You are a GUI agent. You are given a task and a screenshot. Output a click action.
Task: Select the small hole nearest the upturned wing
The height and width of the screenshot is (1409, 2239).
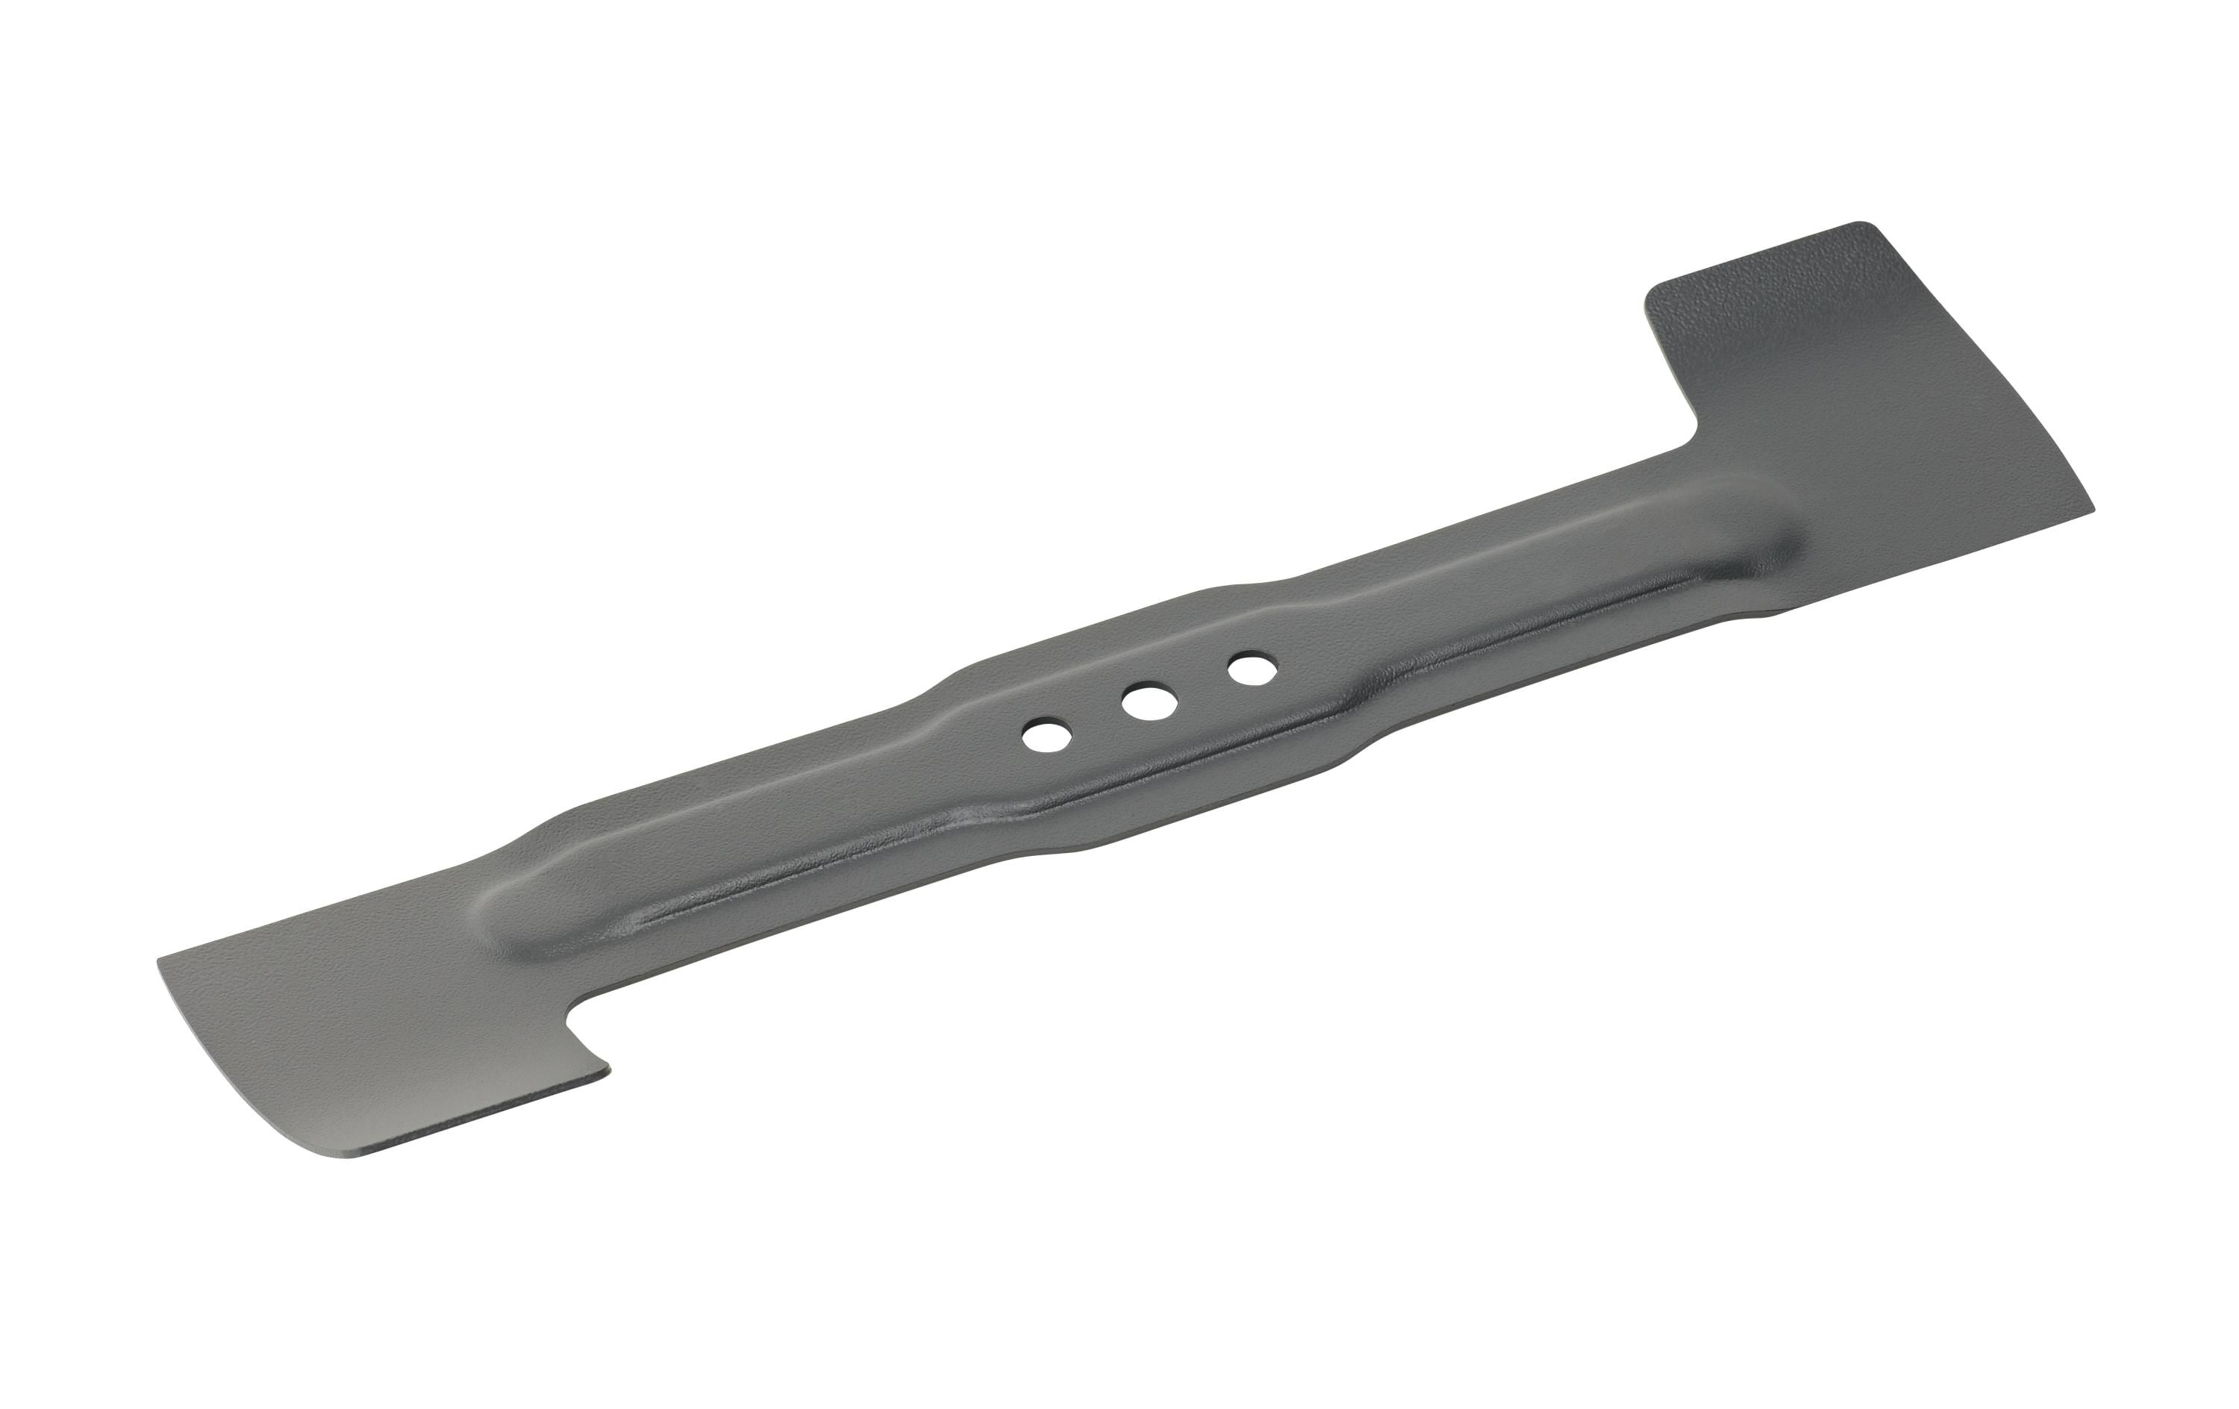pyautogui.click(x=1251, y=668)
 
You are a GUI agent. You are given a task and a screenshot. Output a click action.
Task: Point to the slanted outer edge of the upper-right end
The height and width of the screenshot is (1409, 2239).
pyautogui.click(x=1981, y=372)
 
